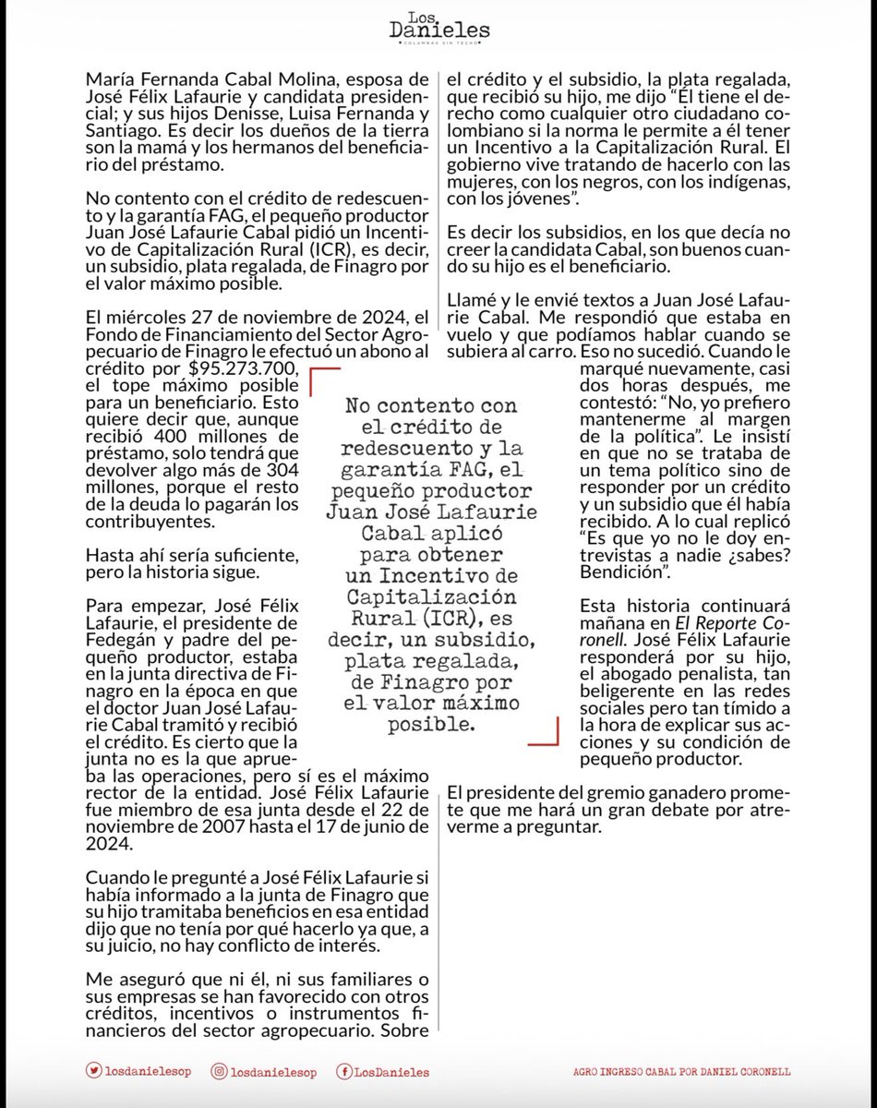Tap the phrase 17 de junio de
point(342,827)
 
